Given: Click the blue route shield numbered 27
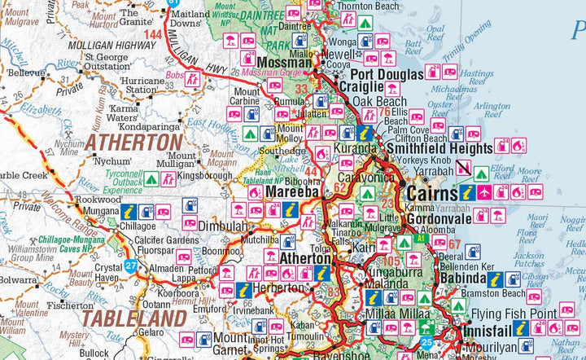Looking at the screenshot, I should pyautogui.click(x=131, y=266).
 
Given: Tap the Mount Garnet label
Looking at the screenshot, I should pyautogui.click(x=234, y=342).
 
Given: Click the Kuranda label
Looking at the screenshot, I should pyautogui.click(x=358, y=148).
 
